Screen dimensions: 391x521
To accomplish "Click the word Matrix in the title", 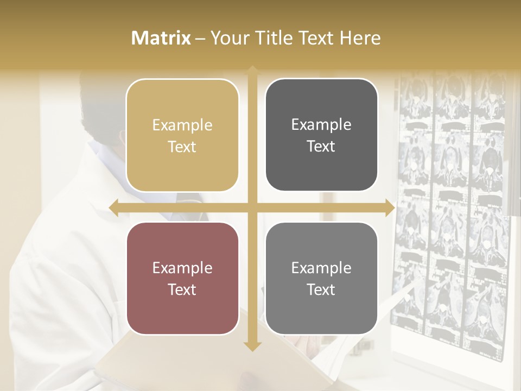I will [161, 38].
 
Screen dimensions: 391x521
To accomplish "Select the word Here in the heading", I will [360, 38].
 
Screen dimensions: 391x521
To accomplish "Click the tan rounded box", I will [182, 135].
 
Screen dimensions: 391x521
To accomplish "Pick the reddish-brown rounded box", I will [182, 279].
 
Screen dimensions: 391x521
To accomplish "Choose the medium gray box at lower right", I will [321, 279].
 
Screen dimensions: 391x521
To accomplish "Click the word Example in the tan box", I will [182, 125].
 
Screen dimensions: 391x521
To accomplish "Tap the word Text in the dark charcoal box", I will [321, 146].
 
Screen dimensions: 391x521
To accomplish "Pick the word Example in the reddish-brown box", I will [182, 268].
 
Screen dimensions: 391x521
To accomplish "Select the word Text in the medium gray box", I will [321, 289].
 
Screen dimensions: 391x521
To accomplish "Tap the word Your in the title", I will [227, 38].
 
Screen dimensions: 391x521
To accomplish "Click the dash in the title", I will [200, 39].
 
